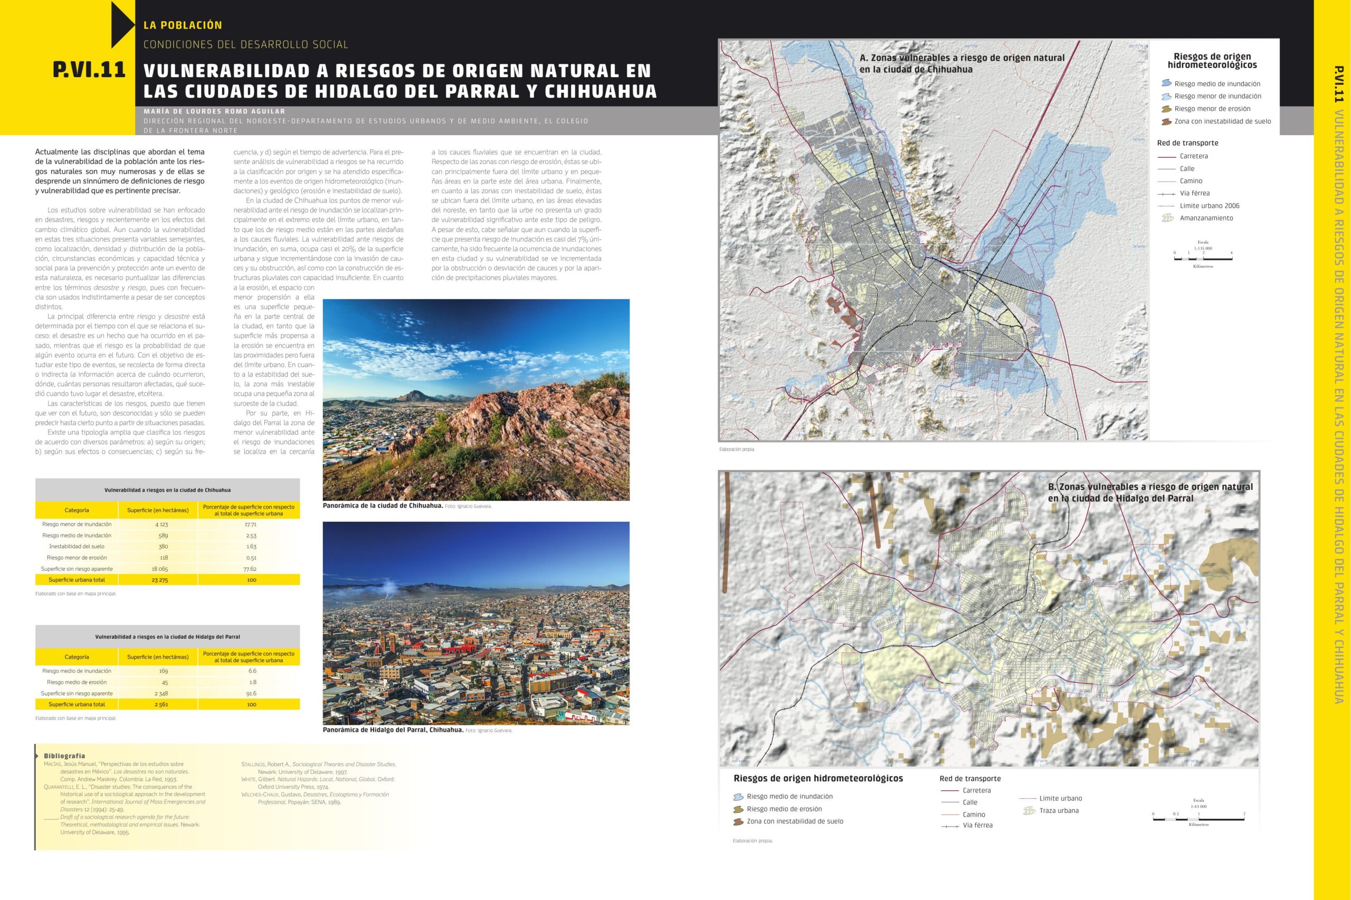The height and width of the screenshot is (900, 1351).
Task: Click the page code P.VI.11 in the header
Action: tap(89, 70)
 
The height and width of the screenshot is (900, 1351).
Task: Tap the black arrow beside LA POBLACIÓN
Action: tap(122, 25)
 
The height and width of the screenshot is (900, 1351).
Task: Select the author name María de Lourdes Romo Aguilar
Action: tap(214, 111)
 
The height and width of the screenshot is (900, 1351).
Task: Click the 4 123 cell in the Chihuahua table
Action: tap(161, 524)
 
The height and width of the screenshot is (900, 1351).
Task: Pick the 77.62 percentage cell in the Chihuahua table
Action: tap(250, 569)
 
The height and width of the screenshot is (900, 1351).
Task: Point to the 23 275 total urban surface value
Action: tap(161, 580)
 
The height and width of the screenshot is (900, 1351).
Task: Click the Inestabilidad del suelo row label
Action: tap(77, 547)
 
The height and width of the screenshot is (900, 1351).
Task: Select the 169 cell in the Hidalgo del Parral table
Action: tap(163, 671)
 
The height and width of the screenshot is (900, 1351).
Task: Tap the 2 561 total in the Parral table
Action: tap(161, 704)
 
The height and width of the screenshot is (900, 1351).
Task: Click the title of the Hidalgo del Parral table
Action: tap(167, 637)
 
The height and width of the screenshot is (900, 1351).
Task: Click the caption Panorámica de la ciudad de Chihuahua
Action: tap(383, 506)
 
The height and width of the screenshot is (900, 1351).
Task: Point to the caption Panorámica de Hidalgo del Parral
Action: tap(393, 730)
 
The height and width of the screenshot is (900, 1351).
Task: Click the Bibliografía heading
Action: tap(64, 756)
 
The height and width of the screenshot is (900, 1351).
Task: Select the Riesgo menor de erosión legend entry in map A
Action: tap(1212, 109)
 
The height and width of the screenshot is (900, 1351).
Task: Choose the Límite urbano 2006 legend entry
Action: tap(1209, 206)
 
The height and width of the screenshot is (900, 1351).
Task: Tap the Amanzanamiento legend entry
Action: tap(1206, 218)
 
